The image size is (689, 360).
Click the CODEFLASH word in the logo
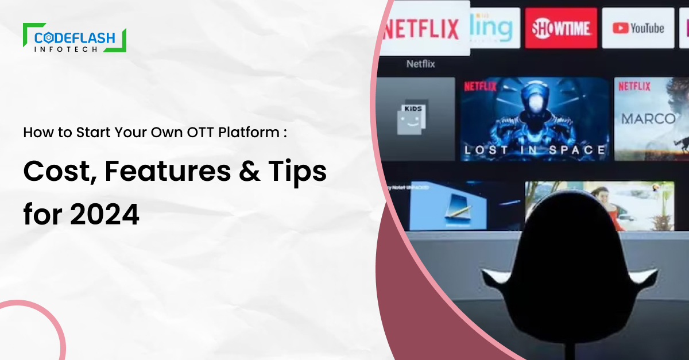coord(75,38)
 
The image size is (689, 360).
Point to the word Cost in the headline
coord(55,173)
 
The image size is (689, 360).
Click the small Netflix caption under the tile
coord(421,64)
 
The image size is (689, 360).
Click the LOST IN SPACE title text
coord(535,150)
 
